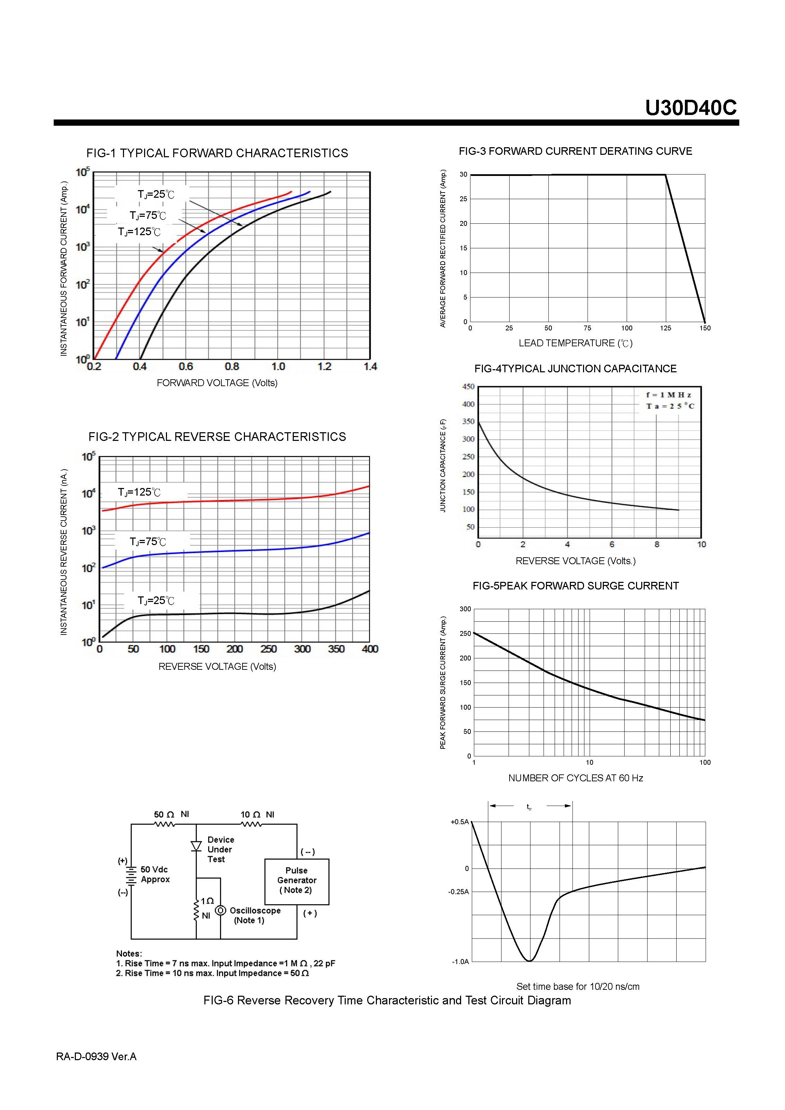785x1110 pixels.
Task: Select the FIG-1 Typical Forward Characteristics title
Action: (217, 153)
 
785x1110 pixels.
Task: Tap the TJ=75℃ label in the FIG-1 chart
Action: (148, 216)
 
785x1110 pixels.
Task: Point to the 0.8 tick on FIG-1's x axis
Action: (232, 367)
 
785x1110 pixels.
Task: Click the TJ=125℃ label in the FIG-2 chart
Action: (139, 492)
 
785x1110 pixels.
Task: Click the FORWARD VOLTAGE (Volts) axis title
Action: (217, 383)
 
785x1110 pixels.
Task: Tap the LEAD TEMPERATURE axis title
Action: (575, 343)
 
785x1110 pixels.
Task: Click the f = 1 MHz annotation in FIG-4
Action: (669, 395)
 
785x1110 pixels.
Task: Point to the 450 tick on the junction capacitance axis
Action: (468, 387)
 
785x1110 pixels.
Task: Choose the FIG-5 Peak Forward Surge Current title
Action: (575, 586)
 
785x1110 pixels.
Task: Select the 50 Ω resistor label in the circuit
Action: (164, 815)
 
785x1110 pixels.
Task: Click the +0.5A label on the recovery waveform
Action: (459, 822)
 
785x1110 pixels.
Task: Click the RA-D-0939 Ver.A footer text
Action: (96, 1057)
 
